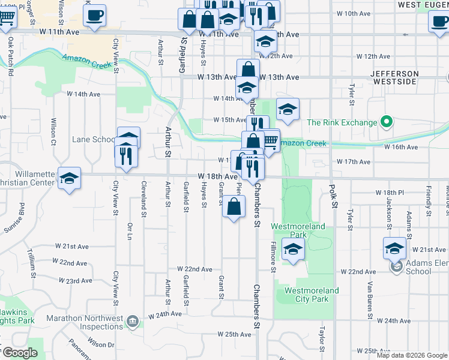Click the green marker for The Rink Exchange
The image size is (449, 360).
387,122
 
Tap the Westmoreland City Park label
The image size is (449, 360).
307,295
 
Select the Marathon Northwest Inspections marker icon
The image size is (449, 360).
133,322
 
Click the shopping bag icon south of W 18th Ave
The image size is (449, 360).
234,207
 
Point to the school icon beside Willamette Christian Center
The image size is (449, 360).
70,178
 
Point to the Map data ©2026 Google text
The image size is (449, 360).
412,355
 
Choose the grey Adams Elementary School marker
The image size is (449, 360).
396,266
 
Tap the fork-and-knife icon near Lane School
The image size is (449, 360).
126,155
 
